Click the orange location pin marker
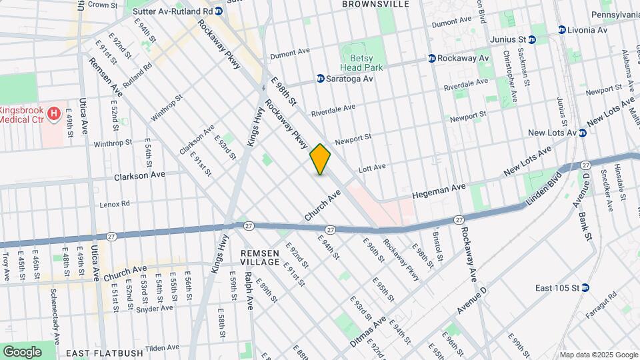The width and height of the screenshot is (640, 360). pos(320,159)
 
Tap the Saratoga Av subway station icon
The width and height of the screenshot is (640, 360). pos(321,79)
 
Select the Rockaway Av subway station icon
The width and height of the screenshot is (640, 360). pos(432,59)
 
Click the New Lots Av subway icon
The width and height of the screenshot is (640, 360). pos(582,133)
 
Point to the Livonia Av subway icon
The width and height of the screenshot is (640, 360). pos(562,30)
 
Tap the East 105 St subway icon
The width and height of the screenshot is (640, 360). pos(585,288)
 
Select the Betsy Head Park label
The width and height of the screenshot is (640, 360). pos(363,63)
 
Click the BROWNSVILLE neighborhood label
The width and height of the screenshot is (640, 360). pos(375,4)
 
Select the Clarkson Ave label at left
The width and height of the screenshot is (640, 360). pos(139,176)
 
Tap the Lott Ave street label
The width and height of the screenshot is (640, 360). pos(372,167)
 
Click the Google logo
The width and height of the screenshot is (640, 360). pos(22,351)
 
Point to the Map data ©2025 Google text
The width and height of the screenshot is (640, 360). pos(597,354)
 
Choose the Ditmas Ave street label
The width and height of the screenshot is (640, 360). pos(368,331)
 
